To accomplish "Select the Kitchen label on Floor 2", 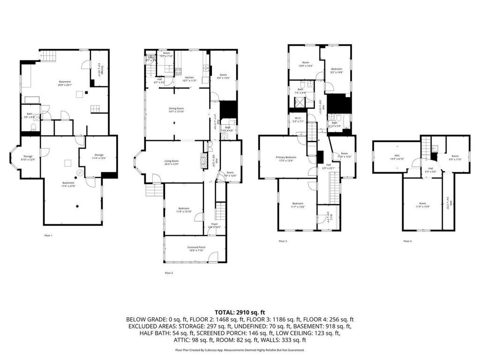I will [189, 79].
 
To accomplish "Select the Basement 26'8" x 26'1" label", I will [65, 83].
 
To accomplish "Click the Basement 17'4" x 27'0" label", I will [68, 184].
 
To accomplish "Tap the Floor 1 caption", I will [48, 235].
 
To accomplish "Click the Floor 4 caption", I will [407, 241].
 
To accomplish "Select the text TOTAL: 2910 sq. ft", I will [240, 312].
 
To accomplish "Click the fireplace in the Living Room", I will [203, 161].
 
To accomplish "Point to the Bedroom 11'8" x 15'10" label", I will [184, 210].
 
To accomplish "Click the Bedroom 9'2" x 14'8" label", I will [337, 70].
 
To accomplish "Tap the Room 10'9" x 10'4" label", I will [306, 64].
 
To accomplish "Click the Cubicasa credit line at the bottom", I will [240, 350].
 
